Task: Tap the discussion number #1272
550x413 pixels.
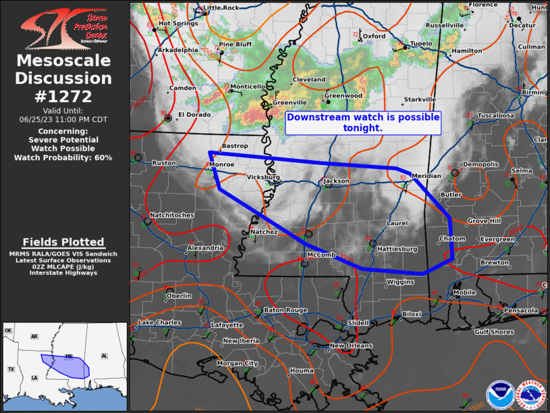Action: [x=64, y=96]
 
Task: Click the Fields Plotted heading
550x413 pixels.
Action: [x=63, y=242]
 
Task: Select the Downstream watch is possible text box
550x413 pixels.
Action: [x=363, y=122]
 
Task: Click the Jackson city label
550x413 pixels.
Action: [x=337, y=181]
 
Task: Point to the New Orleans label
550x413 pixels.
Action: [x=350, y=346]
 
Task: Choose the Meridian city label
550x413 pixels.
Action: [x=426, y=176]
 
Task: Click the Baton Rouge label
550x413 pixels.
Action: [x=285, y=310]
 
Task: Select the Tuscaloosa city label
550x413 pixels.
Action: [x=496, y=116]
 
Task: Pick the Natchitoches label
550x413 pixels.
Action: [x=171, y=215]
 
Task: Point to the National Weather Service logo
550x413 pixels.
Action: [x=530, y=394]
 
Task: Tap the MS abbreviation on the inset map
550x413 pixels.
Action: [x=69, y=356]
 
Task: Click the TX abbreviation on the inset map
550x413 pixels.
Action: [x=11, y=370]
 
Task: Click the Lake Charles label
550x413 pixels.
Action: [x=159, y=322]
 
